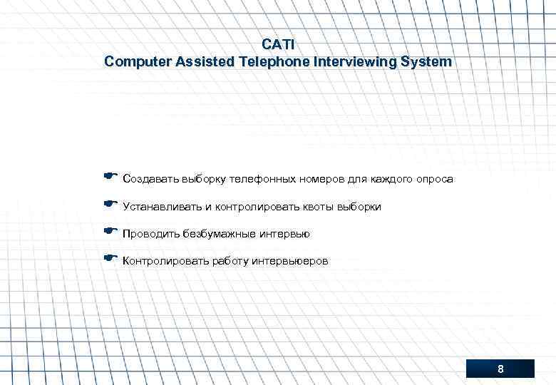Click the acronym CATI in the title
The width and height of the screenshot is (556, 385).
pyautogui.click(x=278, y=44)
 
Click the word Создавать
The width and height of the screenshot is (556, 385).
pyautogui.click(x=150, y=179)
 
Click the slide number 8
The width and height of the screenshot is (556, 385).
pyautogui.click(x=500, y=369)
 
